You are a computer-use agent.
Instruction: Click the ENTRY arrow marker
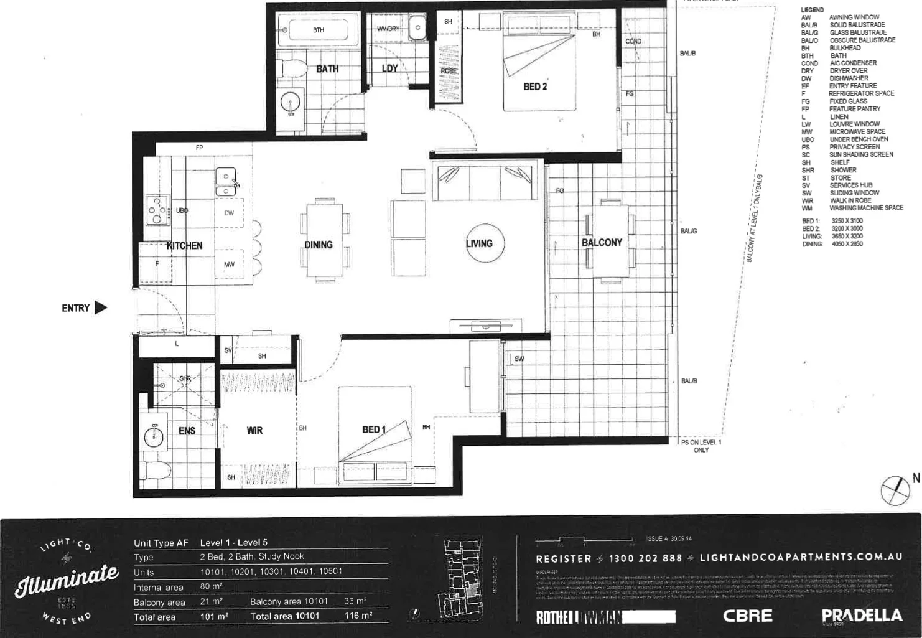[x=100, y=307]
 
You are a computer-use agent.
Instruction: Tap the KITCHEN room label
[x=184, y=246]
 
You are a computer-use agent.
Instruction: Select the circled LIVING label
[x=479, y=243]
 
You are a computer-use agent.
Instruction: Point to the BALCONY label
[x=602, y=242]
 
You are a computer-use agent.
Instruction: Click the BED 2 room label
[x=535, y=87]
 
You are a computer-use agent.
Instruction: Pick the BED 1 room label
[x=374, y=429]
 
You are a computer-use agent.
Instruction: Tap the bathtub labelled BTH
[x=318, y=30]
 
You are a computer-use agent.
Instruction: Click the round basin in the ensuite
[x=154, y=436]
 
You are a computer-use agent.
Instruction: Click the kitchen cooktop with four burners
[x=157, y=210]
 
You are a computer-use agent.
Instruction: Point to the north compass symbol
[x=895, y=490]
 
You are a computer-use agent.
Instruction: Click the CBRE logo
[x=747, y=616]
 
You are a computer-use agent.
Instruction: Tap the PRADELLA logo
[x=861, y=616]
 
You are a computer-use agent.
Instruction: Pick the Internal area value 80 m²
[x=212, y=586]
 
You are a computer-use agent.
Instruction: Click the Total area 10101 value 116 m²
[x=358, y=616]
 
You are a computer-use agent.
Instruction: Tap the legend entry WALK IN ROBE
[x=850, y=200]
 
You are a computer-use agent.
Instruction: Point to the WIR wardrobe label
[x=254, y=430]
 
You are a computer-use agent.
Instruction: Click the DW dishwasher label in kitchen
[x=229, y=213]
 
